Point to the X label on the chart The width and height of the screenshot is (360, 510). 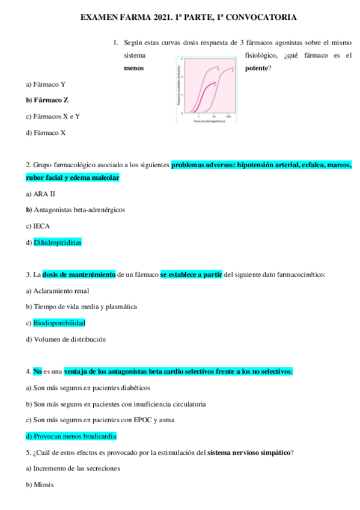click(218, 69)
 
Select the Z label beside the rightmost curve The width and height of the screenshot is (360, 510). click(233, 71)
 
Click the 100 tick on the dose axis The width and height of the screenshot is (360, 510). click(228, 116)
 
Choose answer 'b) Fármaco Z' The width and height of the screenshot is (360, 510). click(47, 100)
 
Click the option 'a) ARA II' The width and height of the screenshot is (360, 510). click(40, 194)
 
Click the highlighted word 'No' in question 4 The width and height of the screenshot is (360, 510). click(37, 372)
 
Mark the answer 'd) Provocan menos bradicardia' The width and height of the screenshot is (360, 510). click(71, 436)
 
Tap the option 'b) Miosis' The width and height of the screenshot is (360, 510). click(40, 484)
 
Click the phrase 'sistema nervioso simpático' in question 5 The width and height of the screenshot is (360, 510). click(248, 452)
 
